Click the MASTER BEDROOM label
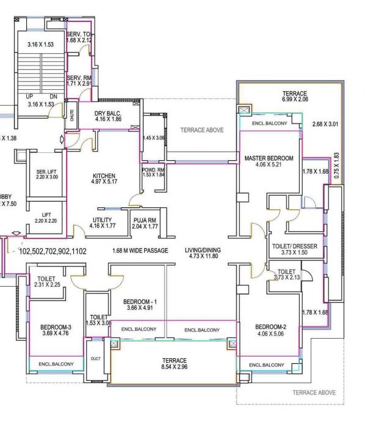click(x=269, y=158)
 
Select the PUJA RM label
click(x=145, y=220)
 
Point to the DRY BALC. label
click(x=109, y=113)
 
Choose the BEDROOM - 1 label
click(x=140, y=302)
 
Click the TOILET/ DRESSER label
click(x=295, y=246)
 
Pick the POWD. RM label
click(x=153, y=170)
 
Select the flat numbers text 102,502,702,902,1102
click(x=53, y=251)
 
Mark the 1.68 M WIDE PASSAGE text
click(x=140, y=250)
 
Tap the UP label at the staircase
click(x=29, y=97)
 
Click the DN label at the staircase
click(x=53, y=97)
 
